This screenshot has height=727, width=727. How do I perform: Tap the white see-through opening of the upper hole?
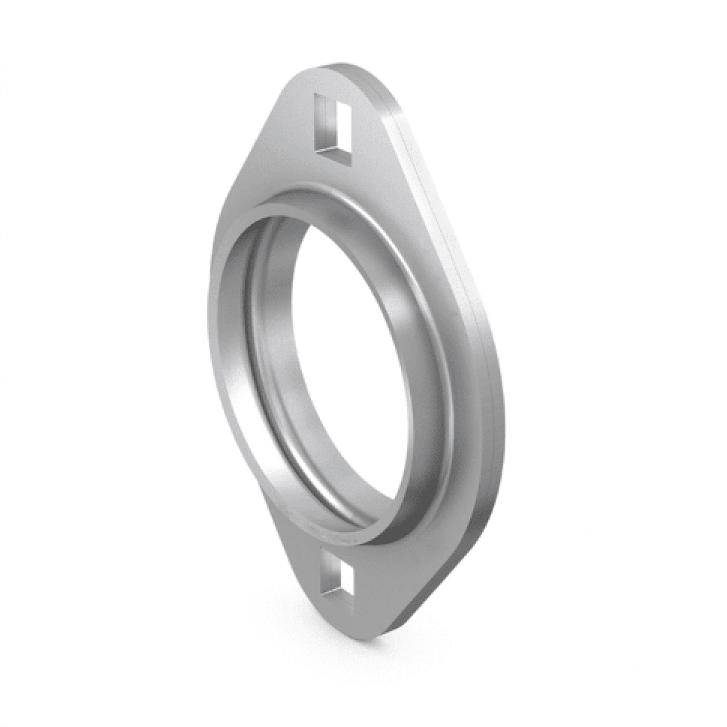(x=335, y=124)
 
